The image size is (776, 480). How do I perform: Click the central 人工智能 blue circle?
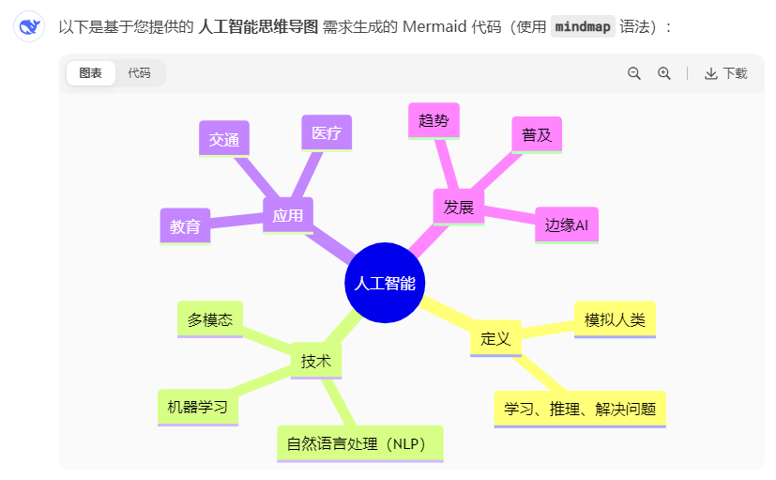coord(385,283)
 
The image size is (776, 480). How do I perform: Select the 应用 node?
coord(288,215)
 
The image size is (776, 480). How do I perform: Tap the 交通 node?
coord(224,139)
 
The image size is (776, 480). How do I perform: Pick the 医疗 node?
coord(327,132)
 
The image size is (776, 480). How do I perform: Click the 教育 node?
coord(185,226)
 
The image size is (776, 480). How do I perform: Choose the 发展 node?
coord(459,207)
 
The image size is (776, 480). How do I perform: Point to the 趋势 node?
coord(434,120)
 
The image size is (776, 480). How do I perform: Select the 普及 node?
coord(537,134)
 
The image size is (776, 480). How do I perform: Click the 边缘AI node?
coord(566,225)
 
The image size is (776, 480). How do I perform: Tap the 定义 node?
coord(495,338)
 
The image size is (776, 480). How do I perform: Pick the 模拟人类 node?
coord(615,319)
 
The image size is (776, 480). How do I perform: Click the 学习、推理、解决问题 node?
coord(580,409)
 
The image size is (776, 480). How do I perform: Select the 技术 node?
coord(316,361)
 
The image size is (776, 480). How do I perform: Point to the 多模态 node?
coord(210,319)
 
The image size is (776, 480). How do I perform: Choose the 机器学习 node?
coord(198,407)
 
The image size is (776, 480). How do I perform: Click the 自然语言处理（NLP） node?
coord(359,443)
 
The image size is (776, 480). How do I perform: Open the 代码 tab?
coord(139,73)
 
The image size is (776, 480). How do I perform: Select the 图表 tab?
coord(91,73)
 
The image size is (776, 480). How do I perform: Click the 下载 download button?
coord(725,73)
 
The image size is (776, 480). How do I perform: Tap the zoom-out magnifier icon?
coord(634,73)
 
